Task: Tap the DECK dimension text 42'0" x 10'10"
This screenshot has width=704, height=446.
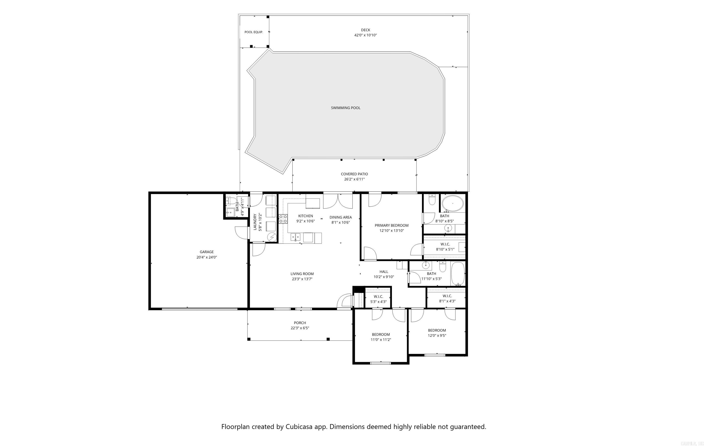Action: tap(366, 35)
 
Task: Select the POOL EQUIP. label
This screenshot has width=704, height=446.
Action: tap(253, 32)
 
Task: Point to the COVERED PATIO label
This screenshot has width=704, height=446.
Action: tap(354, 174)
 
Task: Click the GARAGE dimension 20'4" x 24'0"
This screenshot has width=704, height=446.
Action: tap(206, 257)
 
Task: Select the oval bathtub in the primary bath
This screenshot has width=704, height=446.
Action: tap(452, 204)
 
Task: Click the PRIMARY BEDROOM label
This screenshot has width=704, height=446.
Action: tap(391, 225)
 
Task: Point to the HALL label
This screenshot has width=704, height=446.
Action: tap(384, 272)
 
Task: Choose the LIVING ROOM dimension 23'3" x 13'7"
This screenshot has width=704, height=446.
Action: tap(302, 279)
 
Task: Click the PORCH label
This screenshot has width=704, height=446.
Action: tap(300, 323)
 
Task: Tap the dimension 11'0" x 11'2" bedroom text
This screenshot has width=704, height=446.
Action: tap(381, 340)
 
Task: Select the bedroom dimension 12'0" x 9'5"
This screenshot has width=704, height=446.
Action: tap(437, 336)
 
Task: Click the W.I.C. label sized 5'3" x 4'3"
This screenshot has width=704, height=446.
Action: tap(378, 296)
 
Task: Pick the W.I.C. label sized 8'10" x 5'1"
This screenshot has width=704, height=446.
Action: tap(445, 244)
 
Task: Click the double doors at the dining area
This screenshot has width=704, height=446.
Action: tap(338, 201)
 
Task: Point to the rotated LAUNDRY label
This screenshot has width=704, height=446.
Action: tap(255, 222)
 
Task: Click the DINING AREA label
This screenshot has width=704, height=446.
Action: tap(341, 217)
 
